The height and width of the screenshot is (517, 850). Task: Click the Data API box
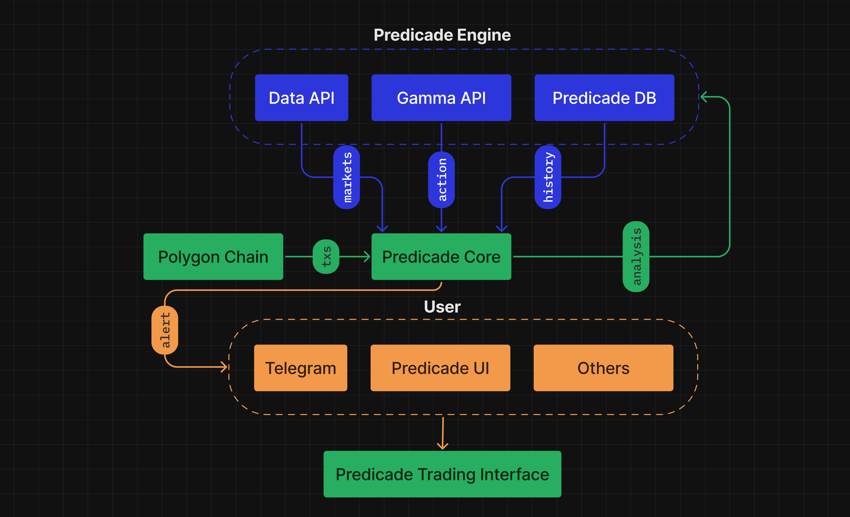click(301, 98)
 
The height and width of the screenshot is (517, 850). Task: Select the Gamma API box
click(441, 98)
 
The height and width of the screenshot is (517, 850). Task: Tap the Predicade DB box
click(604, 98)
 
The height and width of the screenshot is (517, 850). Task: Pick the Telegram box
click(300, 368)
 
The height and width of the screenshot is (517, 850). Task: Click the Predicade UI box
click(440, 368)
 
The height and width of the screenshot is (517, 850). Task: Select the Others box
click(603, 368)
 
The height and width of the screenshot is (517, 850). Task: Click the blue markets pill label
click(347, 177)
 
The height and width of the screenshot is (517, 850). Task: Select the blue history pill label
click(548, 177)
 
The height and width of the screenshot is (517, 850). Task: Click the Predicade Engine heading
click(442, 35)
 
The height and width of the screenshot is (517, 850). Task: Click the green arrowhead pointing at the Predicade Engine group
click(704, 97)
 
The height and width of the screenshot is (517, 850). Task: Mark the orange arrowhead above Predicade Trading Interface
click(443, 446)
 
